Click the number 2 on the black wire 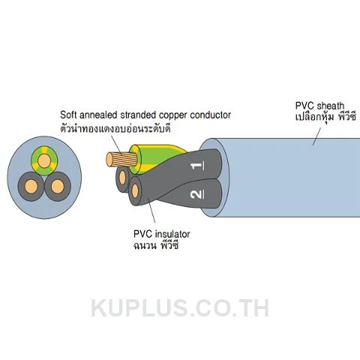(x=197, y=194)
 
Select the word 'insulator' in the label (x=172, y=234)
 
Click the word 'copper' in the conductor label (x=173, y=115)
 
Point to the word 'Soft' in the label (x=68, y=115)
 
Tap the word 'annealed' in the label (x=98, y=115)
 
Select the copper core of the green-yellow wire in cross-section (x=44, y=160)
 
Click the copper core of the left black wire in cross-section (x=31, y=186)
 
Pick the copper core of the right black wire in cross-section (x=58, y=186)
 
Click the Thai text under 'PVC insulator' (x=156, y=245)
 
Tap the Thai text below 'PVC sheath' (x=325, y=117)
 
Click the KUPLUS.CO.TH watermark (x=180, y=308)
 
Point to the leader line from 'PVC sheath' (x=317, y=136)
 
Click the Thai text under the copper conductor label (x=115, y=128)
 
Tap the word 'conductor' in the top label (x=210, y=115)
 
